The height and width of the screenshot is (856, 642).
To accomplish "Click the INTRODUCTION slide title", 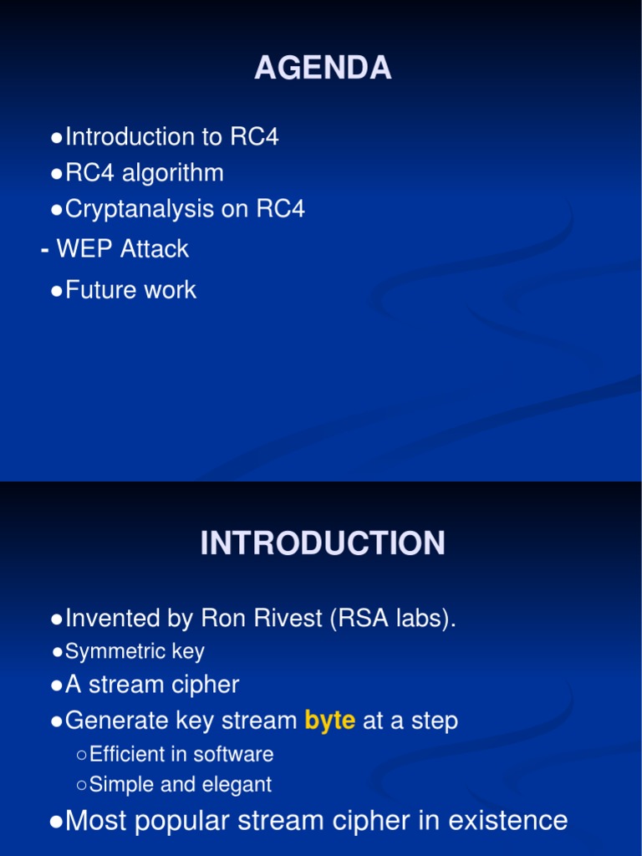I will pos(323,544).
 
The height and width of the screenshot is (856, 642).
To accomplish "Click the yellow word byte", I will pos(330,721).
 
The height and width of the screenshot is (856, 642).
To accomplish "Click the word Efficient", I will pos(127,754).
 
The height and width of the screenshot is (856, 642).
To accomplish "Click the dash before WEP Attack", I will pos(43,249).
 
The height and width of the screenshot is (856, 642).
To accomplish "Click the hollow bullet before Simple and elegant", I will pos(81,785).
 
